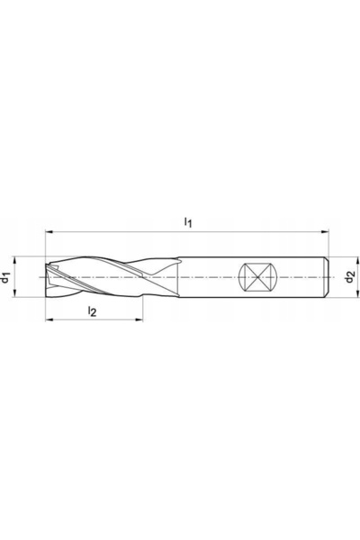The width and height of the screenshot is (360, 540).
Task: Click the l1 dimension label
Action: click(188, 222)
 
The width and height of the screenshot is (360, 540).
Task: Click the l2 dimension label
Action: click(92, 311)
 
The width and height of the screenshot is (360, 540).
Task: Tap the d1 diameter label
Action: click(5, 277)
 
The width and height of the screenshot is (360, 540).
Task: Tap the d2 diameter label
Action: click(350, 277)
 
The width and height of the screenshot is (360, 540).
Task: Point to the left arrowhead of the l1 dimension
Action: click(49, 232)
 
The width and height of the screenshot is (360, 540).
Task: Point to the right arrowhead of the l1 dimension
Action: click(325, 232)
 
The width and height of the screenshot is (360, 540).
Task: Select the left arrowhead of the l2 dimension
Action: click(49, 319)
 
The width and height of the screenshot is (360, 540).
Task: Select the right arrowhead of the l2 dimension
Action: click(139, 319)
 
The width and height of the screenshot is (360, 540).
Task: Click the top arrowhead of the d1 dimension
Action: click(14, 261)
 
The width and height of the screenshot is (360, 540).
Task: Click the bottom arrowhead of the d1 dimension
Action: click(14, 292)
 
